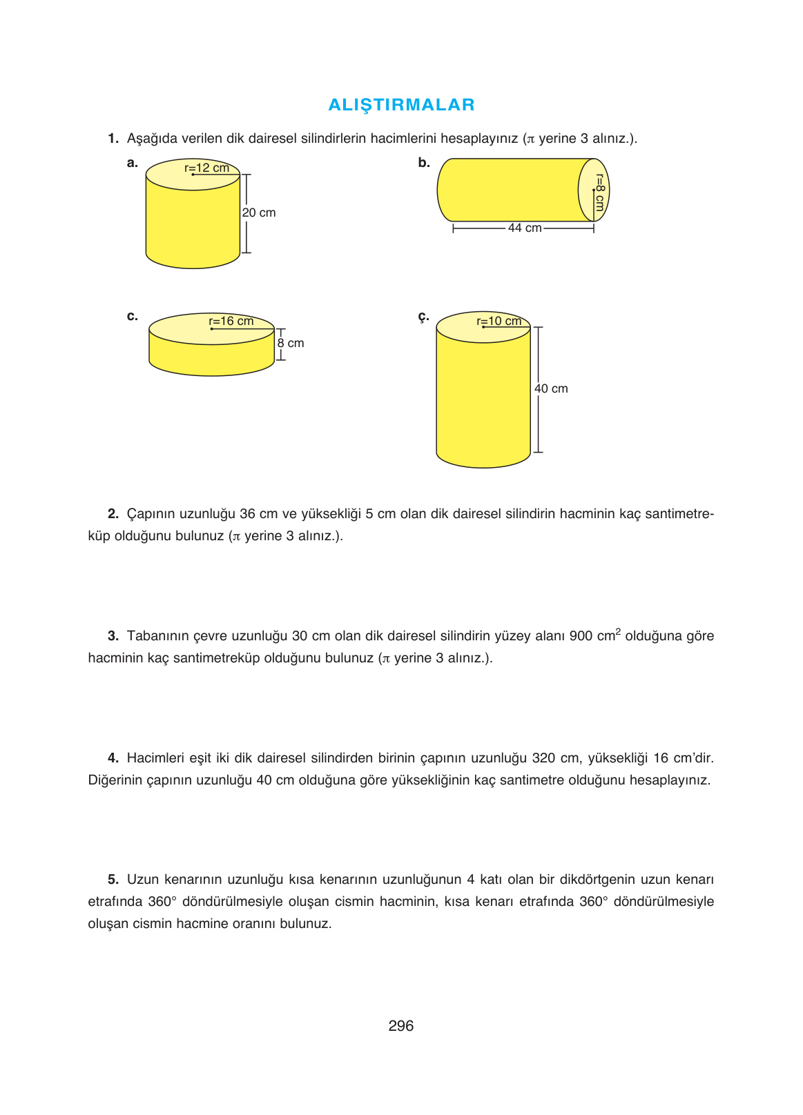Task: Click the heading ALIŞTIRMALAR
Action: click(401, 105)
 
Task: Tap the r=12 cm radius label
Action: click(206, 168)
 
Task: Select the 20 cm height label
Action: click(259, 213)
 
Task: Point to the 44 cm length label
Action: click(524, 228)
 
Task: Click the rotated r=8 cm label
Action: click(599, 193)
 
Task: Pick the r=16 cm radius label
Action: click(231, 321)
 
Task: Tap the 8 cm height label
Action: click(291, 343)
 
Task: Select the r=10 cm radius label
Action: click(499, 321)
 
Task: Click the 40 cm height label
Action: click(551, 388)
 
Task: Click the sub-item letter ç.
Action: click(423, 317)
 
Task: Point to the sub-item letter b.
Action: click(423, 163)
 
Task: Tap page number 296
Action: click(400, 1026)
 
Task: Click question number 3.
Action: click(113, 636)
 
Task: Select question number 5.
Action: click(113, 880)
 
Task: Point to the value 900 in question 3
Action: click(581, 636)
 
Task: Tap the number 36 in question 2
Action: click(247, 514)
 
